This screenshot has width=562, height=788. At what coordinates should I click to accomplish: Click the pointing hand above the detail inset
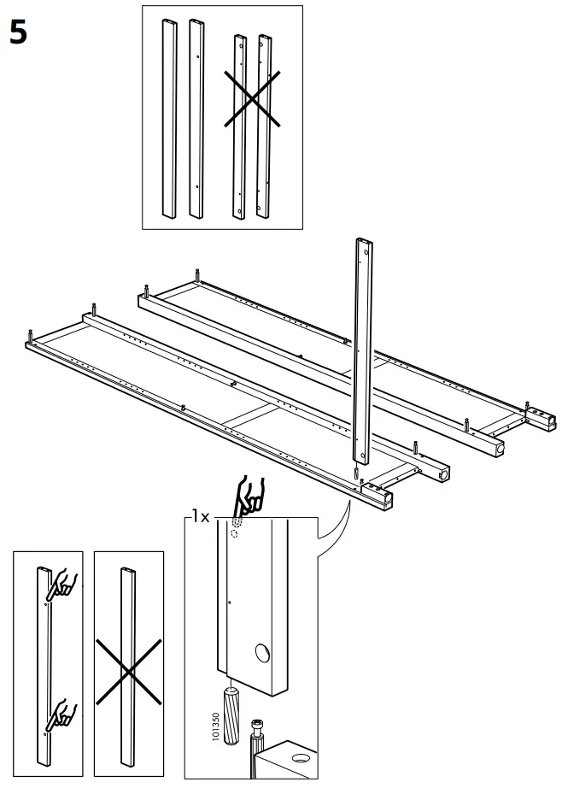coord(250,497)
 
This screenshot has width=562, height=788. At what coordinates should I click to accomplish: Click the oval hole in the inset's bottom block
coord(300,758)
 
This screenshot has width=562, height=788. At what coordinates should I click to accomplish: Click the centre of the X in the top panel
coord(253,99)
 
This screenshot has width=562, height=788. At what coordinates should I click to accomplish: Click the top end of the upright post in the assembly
coord(362,245)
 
